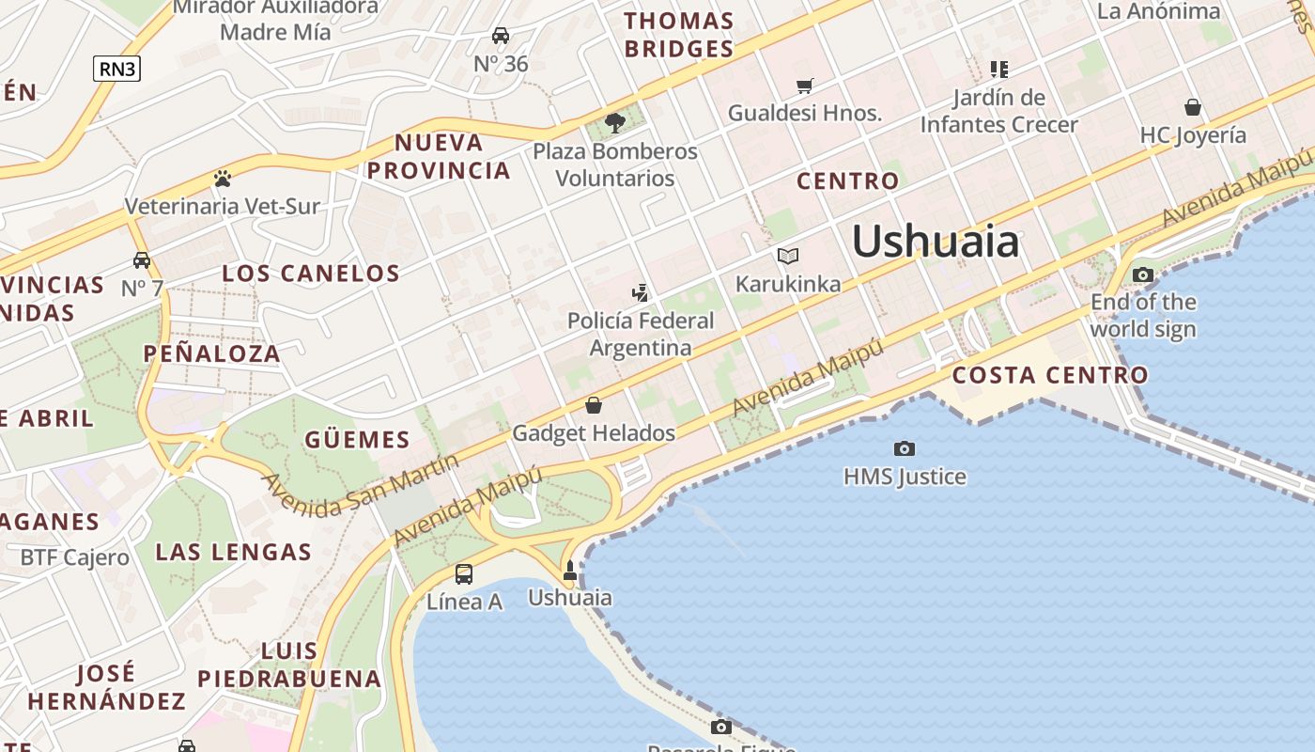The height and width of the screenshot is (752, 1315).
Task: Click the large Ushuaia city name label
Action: click(936, 242)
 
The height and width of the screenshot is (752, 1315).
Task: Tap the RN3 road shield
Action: click(116, 68)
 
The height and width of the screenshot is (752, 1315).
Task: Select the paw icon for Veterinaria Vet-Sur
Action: click(223, 179)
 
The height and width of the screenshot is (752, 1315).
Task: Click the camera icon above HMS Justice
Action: click(905, 448)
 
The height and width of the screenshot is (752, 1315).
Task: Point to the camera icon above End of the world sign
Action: click(1143, 275)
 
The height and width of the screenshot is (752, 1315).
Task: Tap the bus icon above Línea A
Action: click(463, 574)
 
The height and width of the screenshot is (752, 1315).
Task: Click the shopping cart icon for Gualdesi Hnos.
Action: click(805, 86)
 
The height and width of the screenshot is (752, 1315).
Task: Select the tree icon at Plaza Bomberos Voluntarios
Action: click(615, 123)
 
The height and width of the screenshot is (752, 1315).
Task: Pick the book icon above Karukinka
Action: click(788, 256)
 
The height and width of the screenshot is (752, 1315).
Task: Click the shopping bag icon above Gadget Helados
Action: click(594, 405)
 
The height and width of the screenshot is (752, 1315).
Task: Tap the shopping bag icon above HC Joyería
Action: click(1193, 107)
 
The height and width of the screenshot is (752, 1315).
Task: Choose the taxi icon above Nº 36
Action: click(501, 36)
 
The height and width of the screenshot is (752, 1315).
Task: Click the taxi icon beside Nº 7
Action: click(142, 260)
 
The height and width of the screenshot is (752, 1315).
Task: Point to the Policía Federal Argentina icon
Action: click(641, 292)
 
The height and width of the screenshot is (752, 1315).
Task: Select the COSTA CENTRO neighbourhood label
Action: click(1050, 375)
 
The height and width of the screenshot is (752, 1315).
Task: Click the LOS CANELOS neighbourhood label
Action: click(311, 274)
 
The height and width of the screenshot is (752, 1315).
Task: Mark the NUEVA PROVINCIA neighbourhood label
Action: click(439, 157)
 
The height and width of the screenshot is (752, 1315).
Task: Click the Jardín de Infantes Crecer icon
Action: click(999, 69)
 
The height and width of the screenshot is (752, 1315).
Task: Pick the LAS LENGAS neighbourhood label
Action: click(233, 552)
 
